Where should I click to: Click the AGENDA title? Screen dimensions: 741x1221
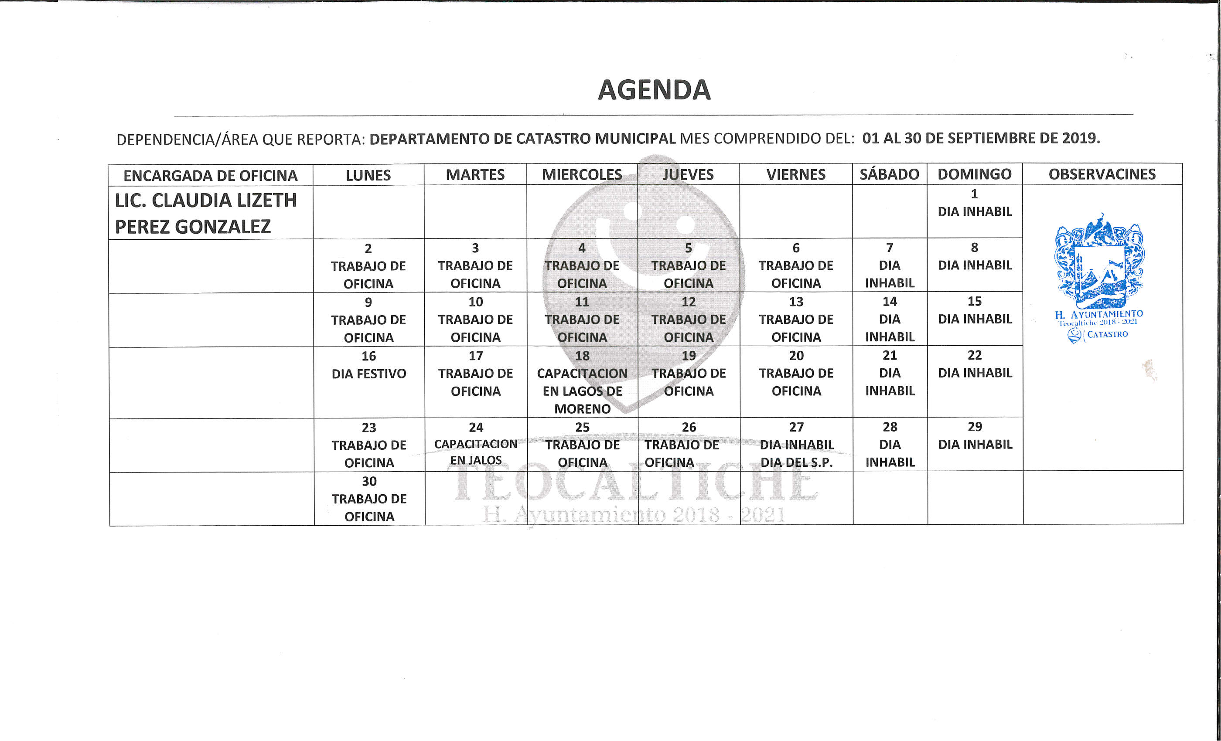[x=654, y=90]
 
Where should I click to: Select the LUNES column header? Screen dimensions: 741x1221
[x=368, y=175]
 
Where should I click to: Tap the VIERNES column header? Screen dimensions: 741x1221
[x=796, y=174]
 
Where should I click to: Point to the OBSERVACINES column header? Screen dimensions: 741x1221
[x=1102, y=174]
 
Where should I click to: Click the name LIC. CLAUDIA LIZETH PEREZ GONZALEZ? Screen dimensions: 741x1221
[x=206, y=214]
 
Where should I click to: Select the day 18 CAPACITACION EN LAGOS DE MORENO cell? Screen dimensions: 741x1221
[x=582, y=382]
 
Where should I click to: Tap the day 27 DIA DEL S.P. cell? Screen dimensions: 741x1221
[x=796, y=445]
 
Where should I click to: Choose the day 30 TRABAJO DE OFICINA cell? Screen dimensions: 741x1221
[x=369, y=499]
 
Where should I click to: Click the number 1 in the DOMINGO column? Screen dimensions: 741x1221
[x=974, y=194]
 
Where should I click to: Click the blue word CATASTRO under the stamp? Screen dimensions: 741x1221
[x=1108, y=334]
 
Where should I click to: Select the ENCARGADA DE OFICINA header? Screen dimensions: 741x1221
[x=210, y=175]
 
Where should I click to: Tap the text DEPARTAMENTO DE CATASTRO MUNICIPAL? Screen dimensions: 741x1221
[x=522, y=139]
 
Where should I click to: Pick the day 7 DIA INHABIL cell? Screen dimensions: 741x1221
[x=890, y=265]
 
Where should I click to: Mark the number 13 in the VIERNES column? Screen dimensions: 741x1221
[x=796, y=302]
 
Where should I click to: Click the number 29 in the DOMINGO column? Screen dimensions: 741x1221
[x=975, y=426]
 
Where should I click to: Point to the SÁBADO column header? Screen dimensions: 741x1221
[x=889, y=174]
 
